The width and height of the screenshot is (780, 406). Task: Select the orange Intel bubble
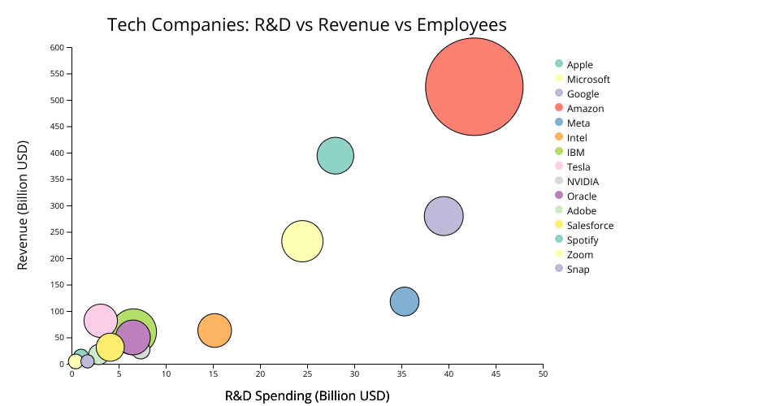click(214, 330)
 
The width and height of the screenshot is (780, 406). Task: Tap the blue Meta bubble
click(405, 302)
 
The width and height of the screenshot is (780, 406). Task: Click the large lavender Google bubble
click(444, 216)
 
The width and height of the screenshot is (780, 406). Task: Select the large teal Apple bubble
click(336, 156)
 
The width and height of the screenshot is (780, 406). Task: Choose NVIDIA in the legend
click(582, 182)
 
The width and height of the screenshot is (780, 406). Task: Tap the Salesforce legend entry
click(590, 226)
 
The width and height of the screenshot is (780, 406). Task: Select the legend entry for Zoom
click(579, 255)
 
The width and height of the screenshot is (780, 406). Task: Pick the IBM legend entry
click(575, 153)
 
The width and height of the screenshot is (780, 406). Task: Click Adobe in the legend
click(581, 211)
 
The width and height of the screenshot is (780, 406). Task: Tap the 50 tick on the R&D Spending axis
click(543, 374)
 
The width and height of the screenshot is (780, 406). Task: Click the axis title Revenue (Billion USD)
click(23, 205)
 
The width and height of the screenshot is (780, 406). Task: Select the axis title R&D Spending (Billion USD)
click(307, 396)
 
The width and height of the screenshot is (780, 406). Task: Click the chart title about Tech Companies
click(307, 25)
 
